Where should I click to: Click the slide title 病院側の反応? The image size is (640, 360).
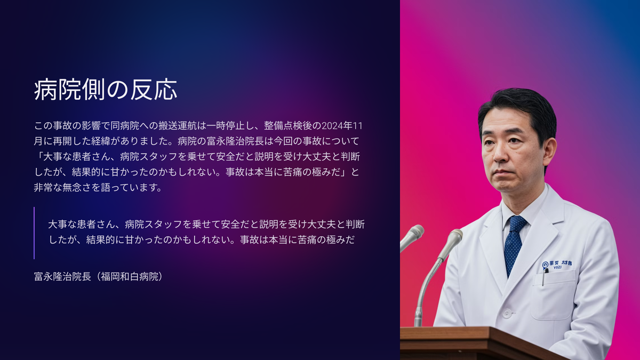coord(106,90)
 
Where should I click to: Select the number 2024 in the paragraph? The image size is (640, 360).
coord(333,126)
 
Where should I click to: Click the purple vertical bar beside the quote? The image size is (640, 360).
coord(34,233)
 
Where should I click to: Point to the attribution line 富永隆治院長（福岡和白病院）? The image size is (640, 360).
coord(99,277)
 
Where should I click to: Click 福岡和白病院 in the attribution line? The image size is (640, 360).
coord(130,277)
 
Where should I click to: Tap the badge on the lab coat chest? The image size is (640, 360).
coord(557,265)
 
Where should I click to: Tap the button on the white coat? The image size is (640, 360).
coord(507,313)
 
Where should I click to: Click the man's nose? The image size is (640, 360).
coord(499,153)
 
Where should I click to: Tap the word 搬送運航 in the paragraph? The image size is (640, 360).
coord(178,126)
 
